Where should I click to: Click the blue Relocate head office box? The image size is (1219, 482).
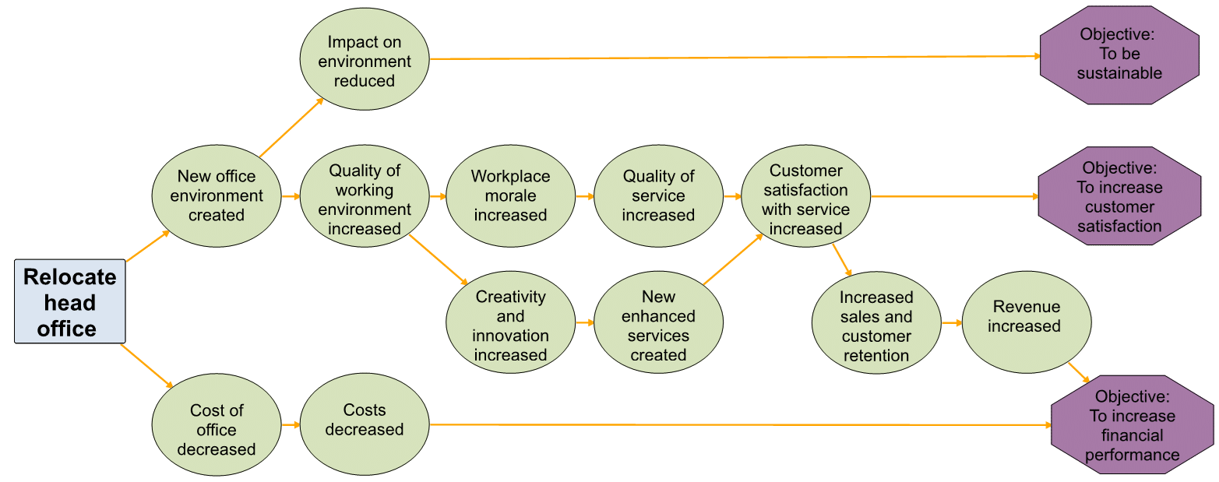click(70, 301)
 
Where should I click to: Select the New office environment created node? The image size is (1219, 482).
click(217, 196)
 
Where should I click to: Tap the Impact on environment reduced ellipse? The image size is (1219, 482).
click(365, 62)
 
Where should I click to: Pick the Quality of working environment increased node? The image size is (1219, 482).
click(365, 200)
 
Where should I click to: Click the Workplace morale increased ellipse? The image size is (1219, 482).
click(510, 196)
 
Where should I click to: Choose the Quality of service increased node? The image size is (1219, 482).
click(658, 196)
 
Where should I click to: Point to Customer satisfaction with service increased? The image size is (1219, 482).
click(805, 200)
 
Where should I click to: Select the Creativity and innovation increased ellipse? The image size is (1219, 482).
click(510, 325)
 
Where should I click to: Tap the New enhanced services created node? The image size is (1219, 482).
click(658, 325)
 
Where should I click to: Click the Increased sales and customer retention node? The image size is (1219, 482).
click(875, 326)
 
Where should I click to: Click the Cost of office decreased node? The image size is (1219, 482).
click(217, 430)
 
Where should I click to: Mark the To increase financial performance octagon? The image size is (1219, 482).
click(1132, 425)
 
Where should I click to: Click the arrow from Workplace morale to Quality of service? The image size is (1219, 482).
click(584, 196)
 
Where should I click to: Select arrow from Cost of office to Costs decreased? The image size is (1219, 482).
click(291, 424)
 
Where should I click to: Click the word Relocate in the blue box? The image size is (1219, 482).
click(70, 277)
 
